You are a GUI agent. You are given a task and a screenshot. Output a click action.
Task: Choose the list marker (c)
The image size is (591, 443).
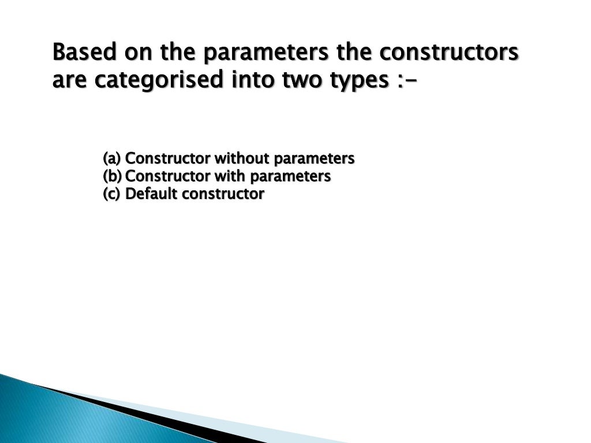pos(111,194)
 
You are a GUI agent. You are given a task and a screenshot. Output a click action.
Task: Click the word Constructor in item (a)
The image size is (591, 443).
pos(167,158)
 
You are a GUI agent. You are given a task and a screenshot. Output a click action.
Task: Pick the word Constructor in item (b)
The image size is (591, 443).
pos(167,176)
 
